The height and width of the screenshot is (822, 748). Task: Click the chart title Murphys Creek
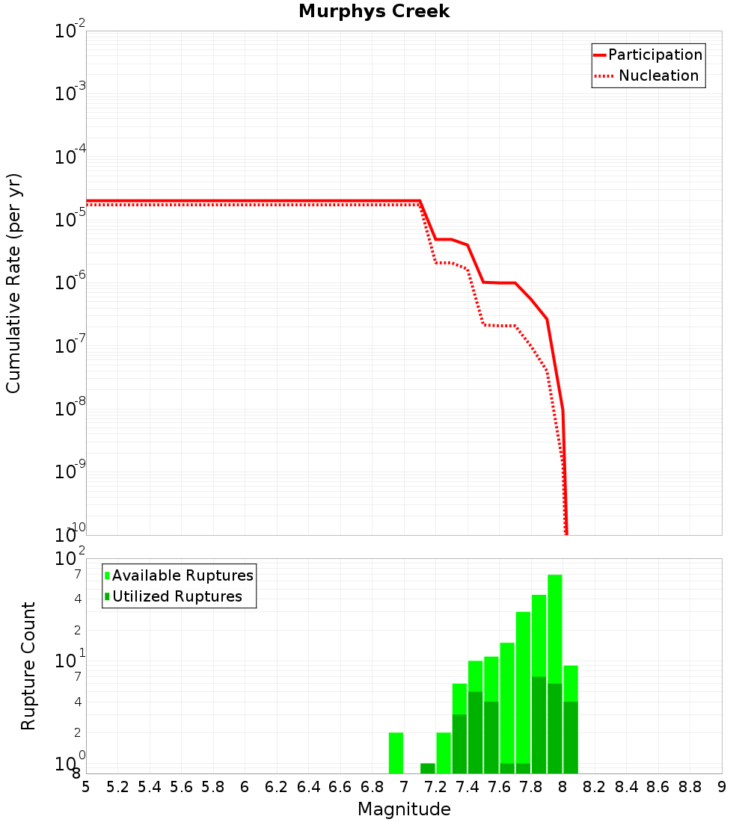(373, 12)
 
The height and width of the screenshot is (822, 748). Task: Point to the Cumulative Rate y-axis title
(13, 282)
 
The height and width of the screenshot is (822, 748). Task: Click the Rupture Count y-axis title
(28, 665)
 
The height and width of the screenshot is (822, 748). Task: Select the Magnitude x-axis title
(404, 809)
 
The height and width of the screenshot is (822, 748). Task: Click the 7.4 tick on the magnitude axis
(467, 787)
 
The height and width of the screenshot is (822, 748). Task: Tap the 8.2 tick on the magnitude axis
(595, 787)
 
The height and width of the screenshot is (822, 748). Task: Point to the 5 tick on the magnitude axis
(86, 787)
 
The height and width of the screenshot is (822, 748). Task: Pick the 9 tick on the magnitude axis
(722, 787)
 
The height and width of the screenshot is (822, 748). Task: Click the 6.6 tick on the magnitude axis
(340, 787)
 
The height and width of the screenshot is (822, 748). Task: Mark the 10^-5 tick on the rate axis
(70, 220)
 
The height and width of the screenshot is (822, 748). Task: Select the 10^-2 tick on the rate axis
(70, 31)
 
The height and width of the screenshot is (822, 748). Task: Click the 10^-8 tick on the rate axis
(70, 409)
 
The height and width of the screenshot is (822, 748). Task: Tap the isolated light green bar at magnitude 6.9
(396, 753)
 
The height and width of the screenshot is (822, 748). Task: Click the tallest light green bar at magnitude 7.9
(555, 628)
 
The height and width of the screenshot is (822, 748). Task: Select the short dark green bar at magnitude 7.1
(428, 768)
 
